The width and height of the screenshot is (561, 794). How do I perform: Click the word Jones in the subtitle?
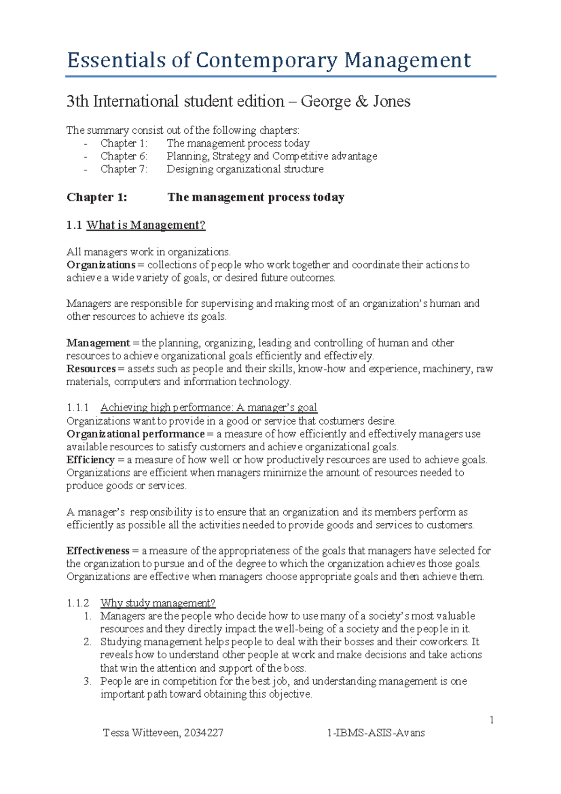pos(391,101)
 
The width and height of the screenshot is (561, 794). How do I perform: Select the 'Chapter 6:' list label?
pos(123,156)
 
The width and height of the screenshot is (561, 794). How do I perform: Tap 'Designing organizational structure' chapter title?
pos(245,169)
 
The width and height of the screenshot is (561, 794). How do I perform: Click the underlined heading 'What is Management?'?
pos(146,225)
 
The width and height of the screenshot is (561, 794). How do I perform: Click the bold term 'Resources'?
pos(91,369)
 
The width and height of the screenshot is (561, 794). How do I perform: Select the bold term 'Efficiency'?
pos(90,460)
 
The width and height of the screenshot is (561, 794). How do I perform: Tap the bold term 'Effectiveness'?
pos(98,551)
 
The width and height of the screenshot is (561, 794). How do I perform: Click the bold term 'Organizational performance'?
pos(136,434)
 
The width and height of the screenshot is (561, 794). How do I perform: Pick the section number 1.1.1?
pos(78,408)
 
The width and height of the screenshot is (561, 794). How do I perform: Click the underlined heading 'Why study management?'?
pos(158,603)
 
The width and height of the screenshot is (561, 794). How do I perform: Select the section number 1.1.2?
pos(78,603)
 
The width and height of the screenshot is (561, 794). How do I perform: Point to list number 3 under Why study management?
pos(87,681)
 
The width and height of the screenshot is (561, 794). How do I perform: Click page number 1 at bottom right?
pos(491,720)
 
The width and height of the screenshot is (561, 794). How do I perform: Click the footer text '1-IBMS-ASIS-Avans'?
pos(376,733)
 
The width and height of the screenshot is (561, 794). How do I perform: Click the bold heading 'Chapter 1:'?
pos(97,197)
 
